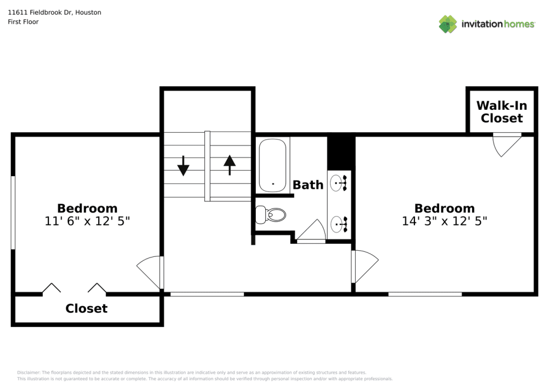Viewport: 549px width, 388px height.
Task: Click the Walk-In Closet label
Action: pos(501,111)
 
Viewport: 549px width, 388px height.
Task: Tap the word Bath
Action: pos(308,185)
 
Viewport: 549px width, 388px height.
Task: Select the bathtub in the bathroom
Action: pos(272,165)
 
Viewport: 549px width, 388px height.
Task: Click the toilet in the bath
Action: pos(270,215)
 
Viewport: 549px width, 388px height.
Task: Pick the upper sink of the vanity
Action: pos(339,183)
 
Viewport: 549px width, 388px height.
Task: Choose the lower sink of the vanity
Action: pos(339,224)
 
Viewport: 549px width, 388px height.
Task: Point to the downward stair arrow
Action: pos(183,166)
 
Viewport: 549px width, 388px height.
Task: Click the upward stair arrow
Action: pos(229,165)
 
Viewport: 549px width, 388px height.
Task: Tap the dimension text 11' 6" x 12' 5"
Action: pos(87,221)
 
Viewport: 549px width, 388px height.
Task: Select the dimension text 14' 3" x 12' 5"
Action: pos(444,221)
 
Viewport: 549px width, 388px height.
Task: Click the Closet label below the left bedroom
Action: pos(87,308)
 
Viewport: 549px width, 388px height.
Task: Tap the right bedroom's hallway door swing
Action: pos(365,267)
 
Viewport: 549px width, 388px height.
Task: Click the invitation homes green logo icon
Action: pos(448,24)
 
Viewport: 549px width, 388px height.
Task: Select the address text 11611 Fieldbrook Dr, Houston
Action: pos(54,12)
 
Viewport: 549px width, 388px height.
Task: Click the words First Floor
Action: pos(23,22)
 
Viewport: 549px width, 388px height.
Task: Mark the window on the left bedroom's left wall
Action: pos(13,213)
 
